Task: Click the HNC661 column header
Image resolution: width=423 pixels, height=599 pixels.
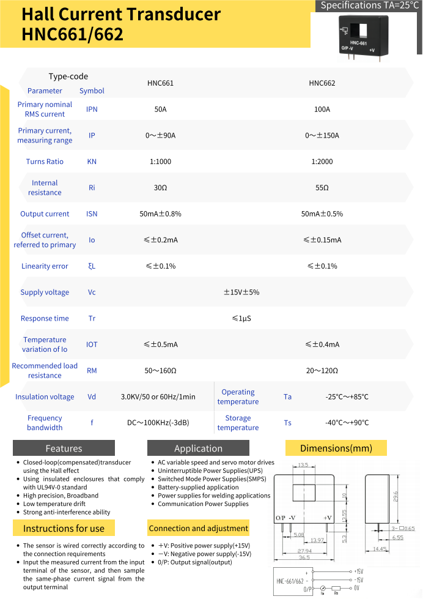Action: click(160, 83)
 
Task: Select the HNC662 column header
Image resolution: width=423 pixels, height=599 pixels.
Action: click(322, 83)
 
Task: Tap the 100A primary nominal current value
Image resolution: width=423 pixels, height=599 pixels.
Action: click(322, 110)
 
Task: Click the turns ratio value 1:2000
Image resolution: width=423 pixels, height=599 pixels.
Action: click(322, 162)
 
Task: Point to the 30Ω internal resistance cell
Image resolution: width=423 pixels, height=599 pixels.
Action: click(160, 188)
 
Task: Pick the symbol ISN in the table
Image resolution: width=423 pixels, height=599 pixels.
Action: click(92, 214)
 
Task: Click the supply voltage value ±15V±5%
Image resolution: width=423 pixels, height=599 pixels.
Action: click(241, 292)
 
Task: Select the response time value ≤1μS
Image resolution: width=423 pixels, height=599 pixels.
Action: click(241, 318)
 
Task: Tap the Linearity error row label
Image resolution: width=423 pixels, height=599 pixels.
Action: click(45, 266)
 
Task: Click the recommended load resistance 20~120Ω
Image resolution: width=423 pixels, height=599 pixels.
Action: click(322, 371)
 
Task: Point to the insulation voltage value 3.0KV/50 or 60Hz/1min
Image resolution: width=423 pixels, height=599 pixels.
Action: click(158, 396)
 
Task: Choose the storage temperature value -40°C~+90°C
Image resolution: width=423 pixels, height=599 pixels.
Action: click(347, 423)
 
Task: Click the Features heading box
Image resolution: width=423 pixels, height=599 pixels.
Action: click(64, 448)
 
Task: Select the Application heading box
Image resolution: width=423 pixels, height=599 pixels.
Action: click(198, 448)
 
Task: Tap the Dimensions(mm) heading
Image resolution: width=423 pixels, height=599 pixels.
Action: click(336, 448)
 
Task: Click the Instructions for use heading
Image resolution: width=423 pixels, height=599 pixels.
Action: click(64, 528)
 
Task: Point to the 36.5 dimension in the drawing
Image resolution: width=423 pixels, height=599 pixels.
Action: click(304, 557)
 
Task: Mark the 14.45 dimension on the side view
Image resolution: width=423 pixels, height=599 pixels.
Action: click(380, 549)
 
